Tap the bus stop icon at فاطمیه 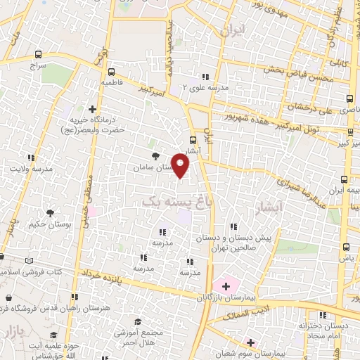[112, 71]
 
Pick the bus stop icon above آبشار [194, 140]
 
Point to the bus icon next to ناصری [349, 99]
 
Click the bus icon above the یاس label [345, 247]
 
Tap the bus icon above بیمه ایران [344, 180]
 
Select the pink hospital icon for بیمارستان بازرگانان [226, 285]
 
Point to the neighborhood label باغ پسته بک [169, 202]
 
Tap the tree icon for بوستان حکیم [50, 213]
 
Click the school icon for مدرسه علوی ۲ [205, 77]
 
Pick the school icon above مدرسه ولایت [31, 158]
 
